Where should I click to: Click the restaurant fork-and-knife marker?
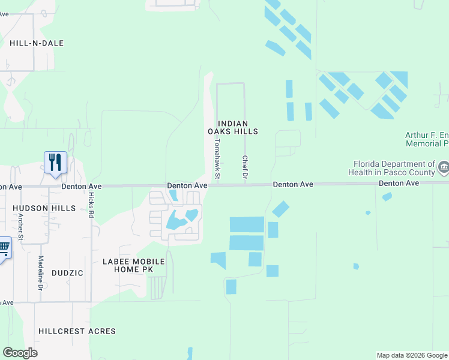55,163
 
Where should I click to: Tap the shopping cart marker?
4,248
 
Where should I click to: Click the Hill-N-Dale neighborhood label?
37,43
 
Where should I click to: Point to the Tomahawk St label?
218,159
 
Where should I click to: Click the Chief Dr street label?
245,167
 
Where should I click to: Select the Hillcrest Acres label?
77,331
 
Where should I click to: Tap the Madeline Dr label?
41,273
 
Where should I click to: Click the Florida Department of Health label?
394,167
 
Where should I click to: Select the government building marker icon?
444,167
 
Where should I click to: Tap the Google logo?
20,353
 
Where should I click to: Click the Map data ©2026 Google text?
411,355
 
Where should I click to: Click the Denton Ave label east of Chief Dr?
293,185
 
